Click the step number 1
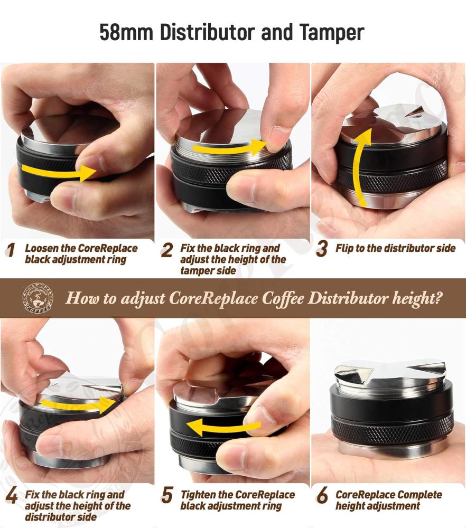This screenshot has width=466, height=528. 11,250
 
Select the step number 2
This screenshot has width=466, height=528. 167,250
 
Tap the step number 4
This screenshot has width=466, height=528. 12,496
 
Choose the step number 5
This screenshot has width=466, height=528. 167,496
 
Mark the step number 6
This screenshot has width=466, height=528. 322,496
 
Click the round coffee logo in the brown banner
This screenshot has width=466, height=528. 38,297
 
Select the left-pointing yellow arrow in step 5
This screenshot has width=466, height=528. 223,427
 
